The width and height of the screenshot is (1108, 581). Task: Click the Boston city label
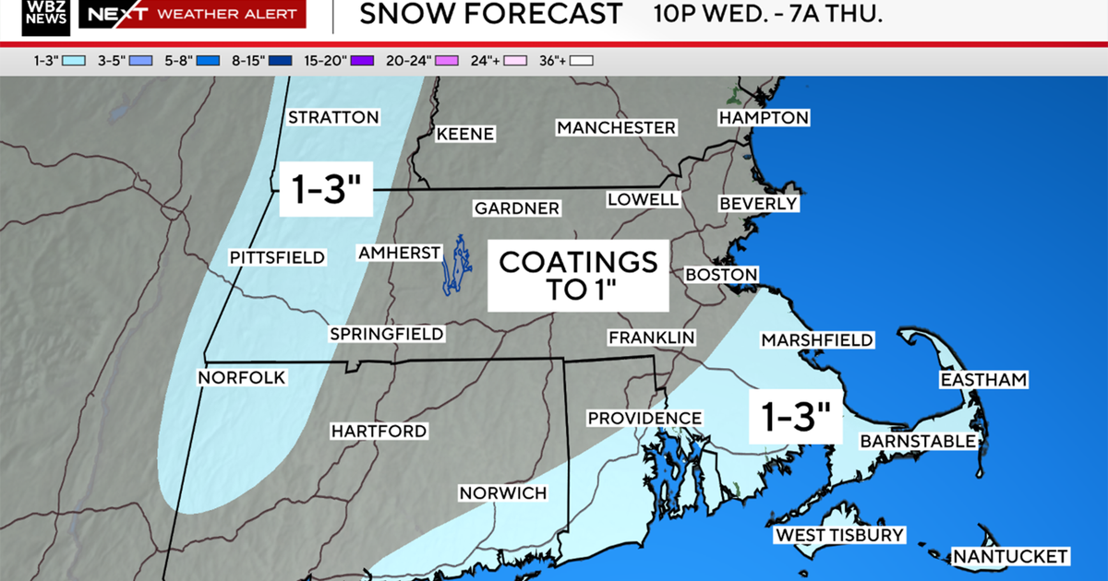pyautogui.click(x=721, y=275)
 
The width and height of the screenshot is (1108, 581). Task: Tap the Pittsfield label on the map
pyautogui.click(x=278, y=257)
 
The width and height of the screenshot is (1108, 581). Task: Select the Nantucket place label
pyautogui.click(x=1010, y=556)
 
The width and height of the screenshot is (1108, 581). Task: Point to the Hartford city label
pyautogui.click(x=379, y=431)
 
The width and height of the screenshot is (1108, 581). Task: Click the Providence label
pyautogui.click(x=644, y=418)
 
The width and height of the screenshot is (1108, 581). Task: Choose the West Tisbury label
pyautogui.click(x=839, y=535)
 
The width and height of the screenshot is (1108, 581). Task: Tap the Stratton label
pyautogui.click(x=333, y=117)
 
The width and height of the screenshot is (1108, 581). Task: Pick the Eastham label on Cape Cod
pyautogui.click(x=983, y=380)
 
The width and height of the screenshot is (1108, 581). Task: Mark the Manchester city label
pyautogui.click(x=616, y=127)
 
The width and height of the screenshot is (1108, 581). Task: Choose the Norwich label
pyautogui.click(x=503, y=493)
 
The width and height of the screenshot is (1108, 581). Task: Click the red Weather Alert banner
pyautogui.click(x=192, y=14)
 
